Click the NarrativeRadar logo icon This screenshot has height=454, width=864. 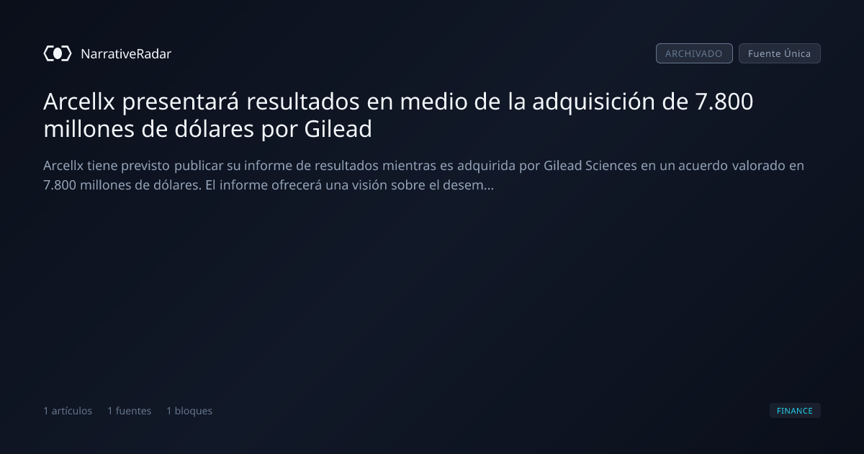pos(58,53)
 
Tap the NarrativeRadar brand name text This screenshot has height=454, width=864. pos(126,54)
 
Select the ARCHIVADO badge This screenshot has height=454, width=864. pos(694,53)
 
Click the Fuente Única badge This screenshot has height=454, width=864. pos(779,53)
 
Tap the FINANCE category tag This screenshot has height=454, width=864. pos(795,410)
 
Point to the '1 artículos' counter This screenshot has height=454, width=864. pos(68,411)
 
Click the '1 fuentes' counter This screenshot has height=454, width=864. pos(129,411)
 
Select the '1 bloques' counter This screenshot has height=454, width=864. pos(189,411)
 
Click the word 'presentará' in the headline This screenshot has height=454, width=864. pos(181,102)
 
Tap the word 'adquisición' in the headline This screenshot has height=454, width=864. pos(593,102)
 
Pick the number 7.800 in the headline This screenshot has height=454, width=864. pos(724,102)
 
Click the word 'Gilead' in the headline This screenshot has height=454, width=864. pos(338,129)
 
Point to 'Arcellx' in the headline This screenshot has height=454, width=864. pos(79,102)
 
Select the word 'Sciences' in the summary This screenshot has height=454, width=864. pos(611,166)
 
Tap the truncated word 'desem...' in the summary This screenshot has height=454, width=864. pos(468,185)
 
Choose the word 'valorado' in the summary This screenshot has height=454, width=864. pos(759,166)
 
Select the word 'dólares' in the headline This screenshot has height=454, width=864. pos(214,129)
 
